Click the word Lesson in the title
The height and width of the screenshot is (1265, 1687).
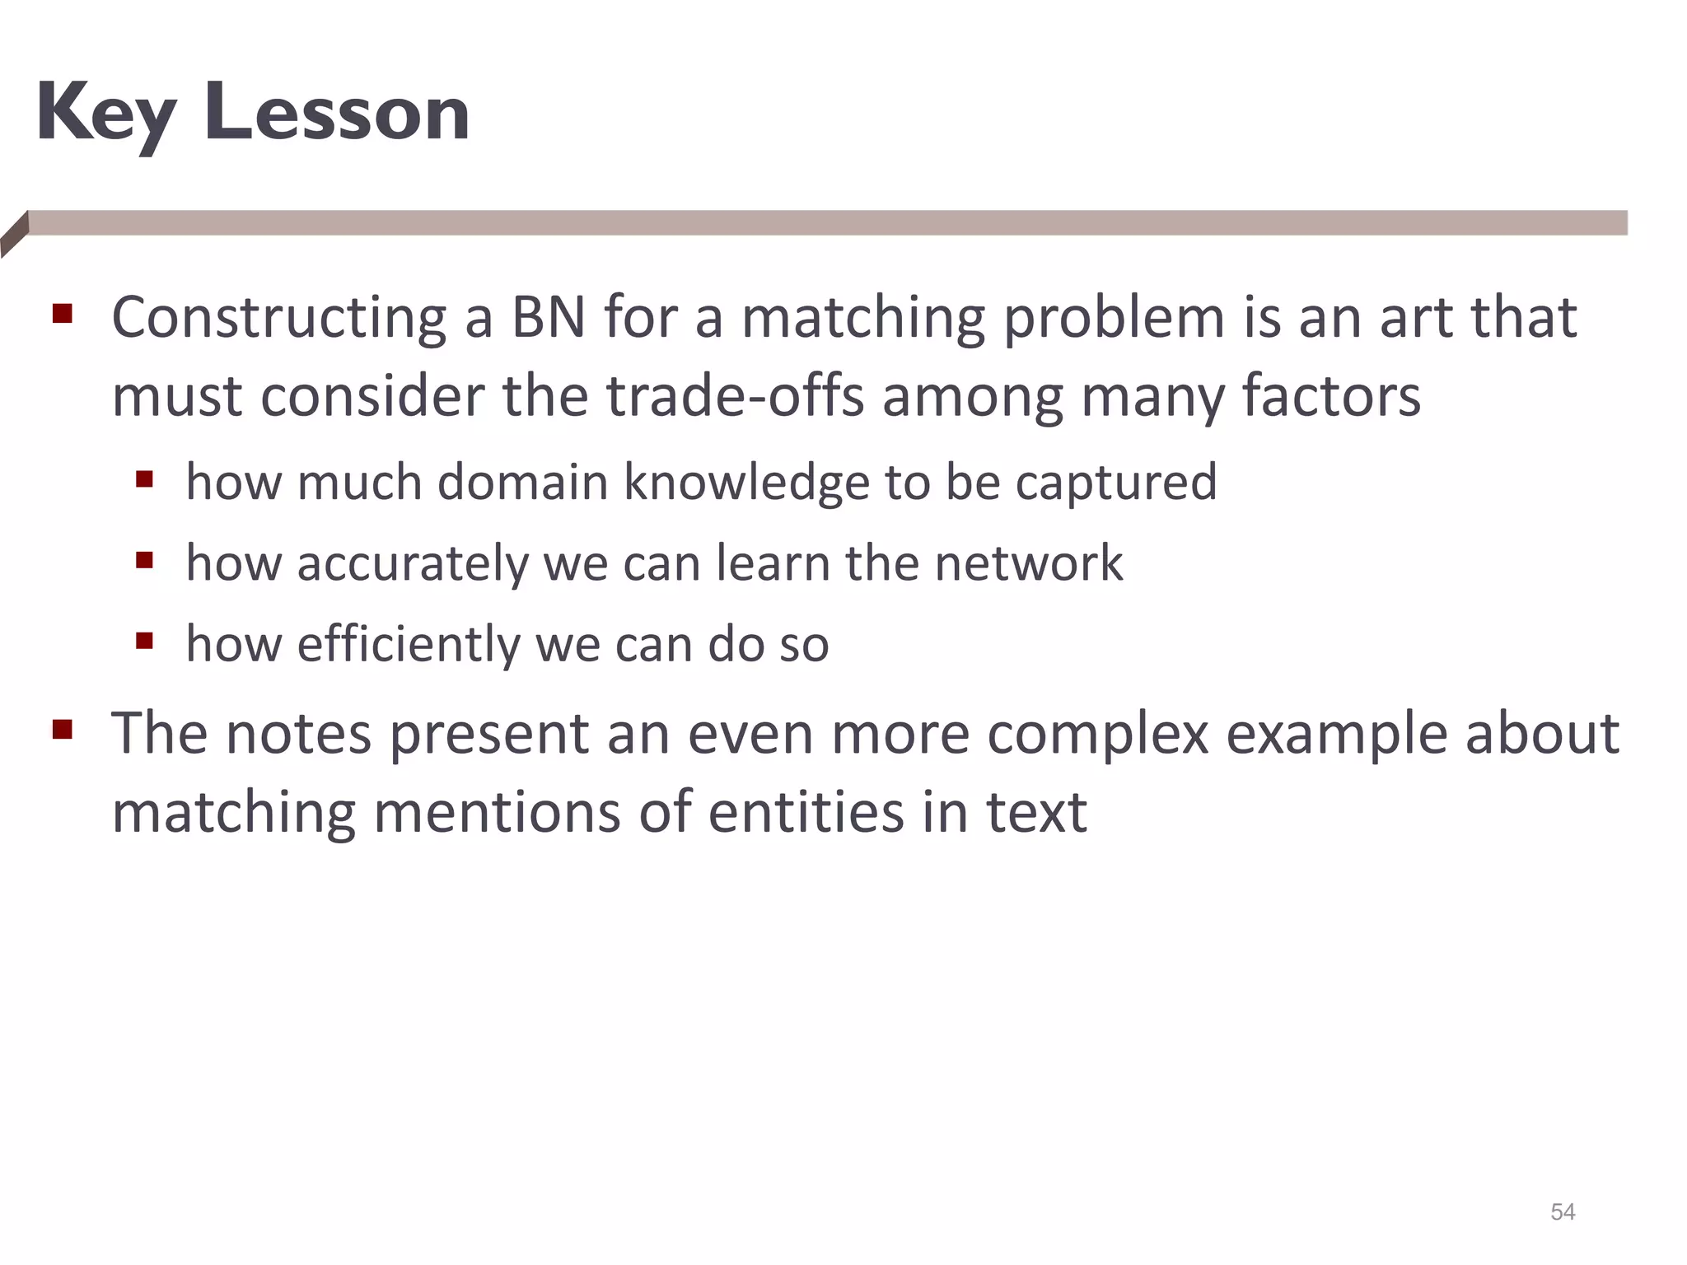pos(338,114)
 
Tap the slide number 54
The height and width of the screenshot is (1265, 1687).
pos(1563,1211)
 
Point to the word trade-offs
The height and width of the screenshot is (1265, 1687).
pos(735,396)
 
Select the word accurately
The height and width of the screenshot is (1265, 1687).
pos(412,565)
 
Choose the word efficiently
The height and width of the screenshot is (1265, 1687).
pos(409,644)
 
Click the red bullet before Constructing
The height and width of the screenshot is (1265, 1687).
pos(63,314)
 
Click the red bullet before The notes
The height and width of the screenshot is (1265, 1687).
pos(63,730)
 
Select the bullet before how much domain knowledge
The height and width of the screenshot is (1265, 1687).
pos(145,478)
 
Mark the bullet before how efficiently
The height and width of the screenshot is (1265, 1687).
pos(145,641)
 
